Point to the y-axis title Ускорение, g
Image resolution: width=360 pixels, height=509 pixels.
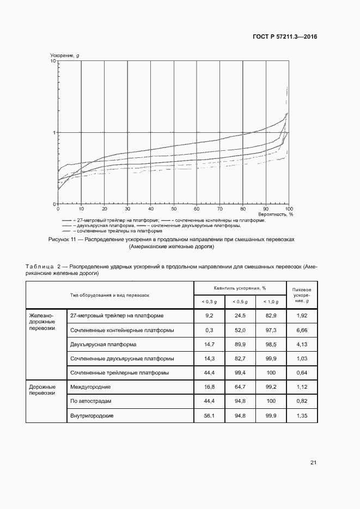(65, 56)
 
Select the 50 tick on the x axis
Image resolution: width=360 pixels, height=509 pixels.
(174, 209)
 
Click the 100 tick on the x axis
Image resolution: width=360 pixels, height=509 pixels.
(289, 209)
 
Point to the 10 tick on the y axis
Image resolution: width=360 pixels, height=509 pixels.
(54, 62)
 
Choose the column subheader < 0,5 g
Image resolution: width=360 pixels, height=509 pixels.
(240, 302)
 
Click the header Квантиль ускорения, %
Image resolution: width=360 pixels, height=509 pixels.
(240, 287)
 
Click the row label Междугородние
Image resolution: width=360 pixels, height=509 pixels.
(90, 387)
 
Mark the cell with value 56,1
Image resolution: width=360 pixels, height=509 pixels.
(209, 415)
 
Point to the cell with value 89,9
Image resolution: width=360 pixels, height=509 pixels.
(240, 345)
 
